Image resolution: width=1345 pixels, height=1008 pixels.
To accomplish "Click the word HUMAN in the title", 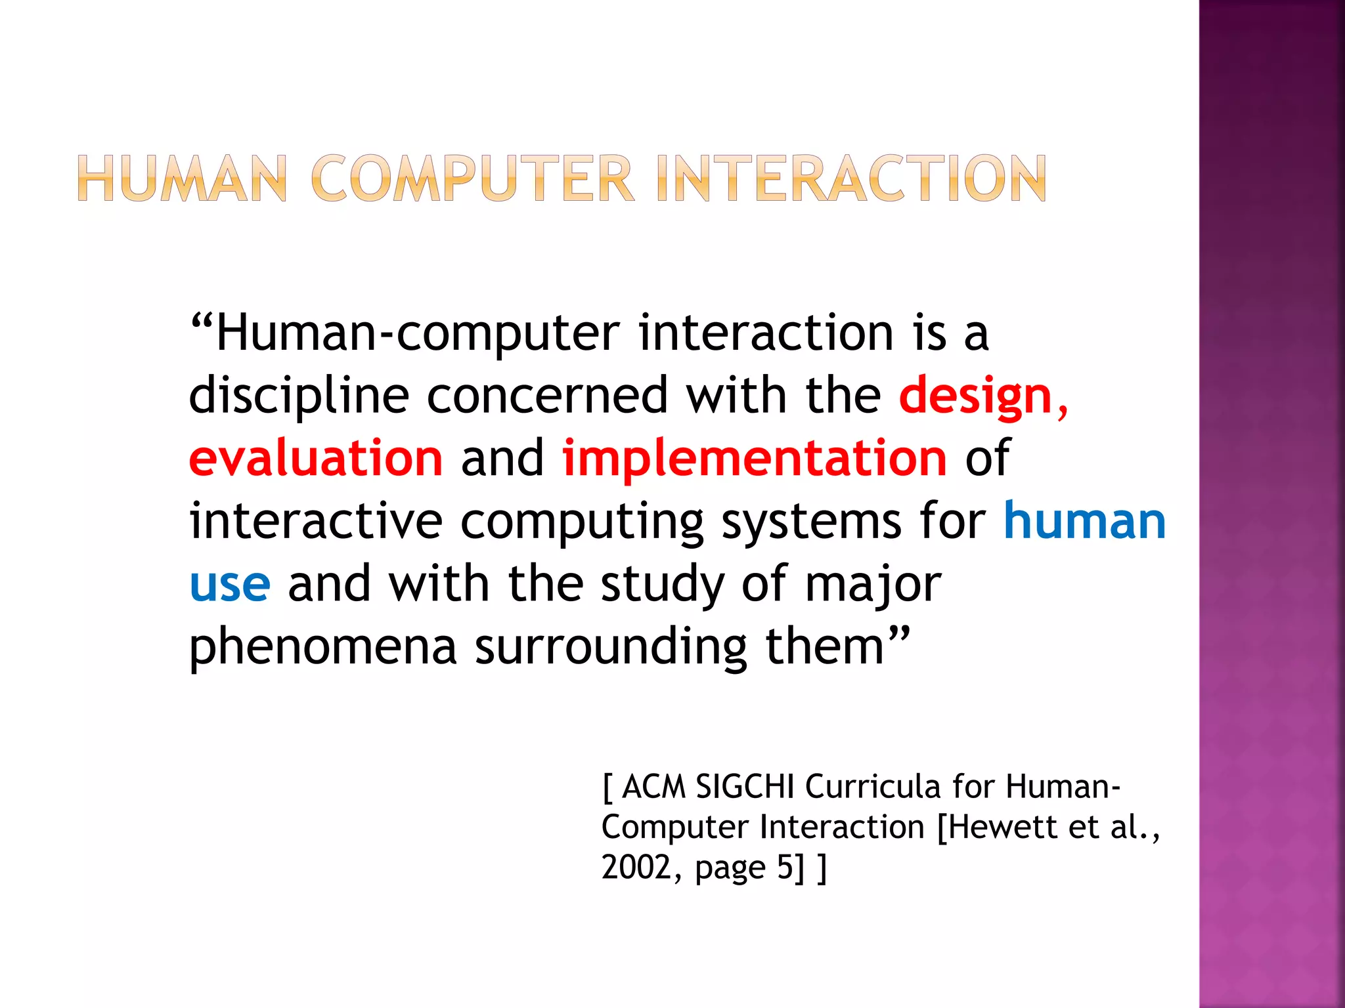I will [x=183, y=178].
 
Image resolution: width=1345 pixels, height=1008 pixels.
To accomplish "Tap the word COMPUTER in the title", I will [x=472, y=178].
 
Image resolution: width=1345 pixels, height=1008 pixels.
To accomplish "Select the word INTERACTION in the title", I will [x=851, y=178].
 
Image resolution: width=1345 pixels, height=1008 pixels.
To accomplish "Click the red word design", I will [x=976, y=397].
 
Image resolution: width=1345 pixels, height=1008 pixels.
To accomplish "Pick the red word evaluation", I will [x=316, y=458].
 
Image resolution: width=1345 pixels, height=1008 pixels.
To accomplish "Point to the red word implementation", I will [x=755, y=459].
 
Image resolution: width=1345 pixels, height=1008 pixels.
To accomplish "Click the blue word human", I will [x=1084, y=522].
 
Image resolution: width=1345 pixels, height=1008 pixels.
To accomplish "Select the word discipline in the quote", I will [x=299, y=397].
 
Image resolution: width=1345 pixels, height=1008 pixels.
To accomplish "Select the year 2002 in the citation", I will [x=635, y=868].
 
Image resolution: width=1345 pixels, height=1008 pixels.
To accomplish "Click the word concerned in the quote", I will [x=548, y=396].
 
